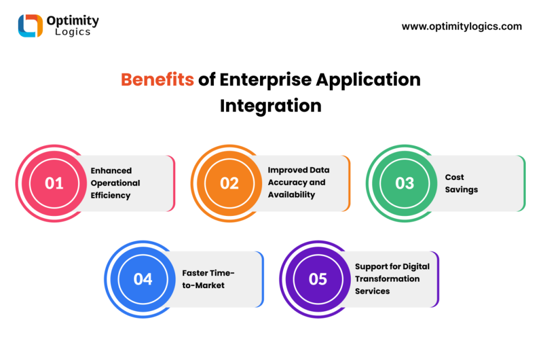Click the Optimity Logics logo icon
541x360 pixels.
click(30, 25)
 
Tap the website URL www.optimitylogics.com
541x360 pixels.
click(462, 26)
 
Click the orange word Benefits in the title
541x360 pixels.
click(157, 79)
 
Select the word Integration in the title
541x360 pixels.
click(271, 106)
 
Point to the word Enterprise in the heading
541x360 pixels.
click(266, 80)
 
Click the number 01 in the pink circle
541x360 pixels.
click(54, 183)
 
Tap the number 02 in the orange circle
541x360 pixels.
click(229, 183)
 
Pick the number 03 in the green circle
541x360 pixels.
click(405, 183)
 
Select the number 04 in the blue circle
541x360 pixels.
click(143, 279)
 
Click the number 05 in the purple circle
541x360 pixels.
click(318, 279)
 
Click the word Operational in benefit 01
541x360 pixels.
click(115, 183)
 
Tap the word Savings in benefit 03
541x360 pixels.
click(461, 190)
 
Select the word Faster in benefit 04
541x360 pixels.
click(194, 273)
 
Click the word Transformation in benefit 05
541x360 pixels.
click(387, 279)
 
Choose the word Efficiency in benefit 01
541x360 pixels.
click(110, 195)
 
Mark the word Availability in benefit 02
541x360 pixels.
click(292, 195)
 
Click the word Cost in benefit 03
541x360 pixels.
click(454, 177)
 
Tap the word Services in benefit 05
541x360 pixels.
click(372, 291)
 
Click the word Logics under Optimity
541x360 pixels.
click(73, 32)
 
